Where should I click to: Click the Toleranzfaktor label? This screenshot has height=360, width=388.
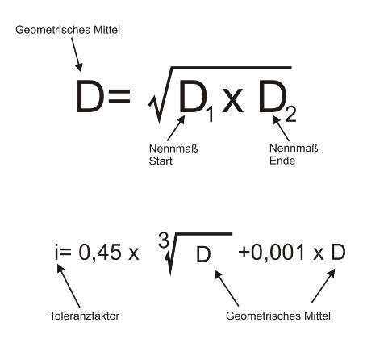(84, 316)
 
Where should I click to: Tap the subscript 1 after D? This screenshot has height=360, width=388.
(209, 114)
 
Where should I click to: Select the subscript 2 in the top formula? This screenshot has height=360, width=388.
(290, 113)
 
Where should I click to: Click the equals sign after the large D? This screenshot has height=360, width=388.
(119, 97)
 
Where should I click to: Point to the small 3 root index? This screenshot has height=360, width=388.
(163, 240)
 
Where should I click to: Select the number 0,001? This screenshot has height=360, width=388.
(278, 252)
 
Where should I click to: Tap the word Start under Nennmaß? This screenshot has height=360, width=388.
(161, 161)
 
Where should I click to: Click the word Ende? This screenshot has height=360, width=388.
(282, 161)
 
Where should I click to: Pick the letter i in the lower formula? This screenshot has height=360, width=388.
(56, 252)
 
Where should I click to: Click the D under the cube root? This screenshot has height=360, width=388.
(203, 254)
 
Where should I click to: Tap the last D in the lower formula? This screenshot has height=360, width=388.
(338, 252)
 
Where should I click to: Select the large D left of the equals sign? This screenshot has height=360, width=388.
(90, 96)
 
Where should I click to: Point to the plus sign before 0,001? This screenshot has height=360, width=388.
(244, 253)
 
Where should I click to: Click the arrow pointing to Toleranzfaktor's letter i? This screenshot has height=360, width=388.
(69, 286)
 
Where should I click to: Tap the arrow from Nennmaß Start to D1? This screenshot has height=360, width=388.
(176, 128)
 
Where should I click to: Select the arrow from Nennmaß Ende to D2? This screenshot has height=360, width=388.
(282, 128)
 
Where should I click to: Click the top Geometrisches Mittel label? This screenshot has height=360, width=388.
(68, 30)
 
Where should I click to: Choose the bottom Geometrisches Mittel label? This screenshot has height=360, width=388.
(278, 316)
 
